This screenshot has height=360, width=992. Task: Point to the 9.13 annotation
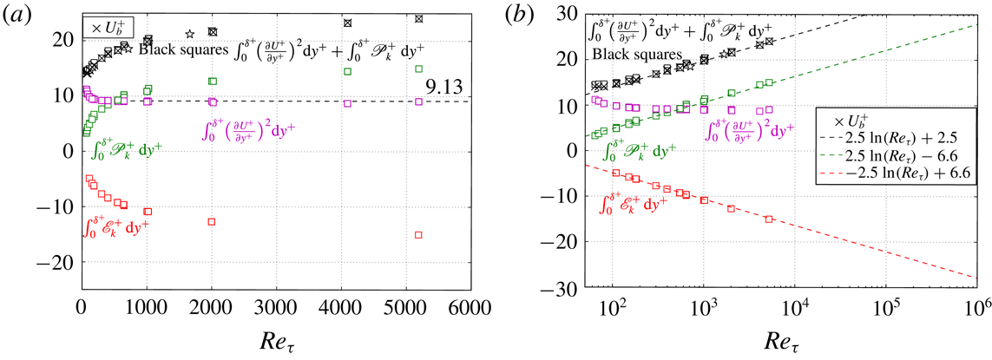pos(444,88)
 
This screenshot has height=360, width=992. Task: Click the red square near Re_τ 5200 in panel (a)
pos(418,235)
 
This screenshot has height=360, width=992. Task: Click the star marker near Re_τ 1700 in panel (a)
pos(190,35)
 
